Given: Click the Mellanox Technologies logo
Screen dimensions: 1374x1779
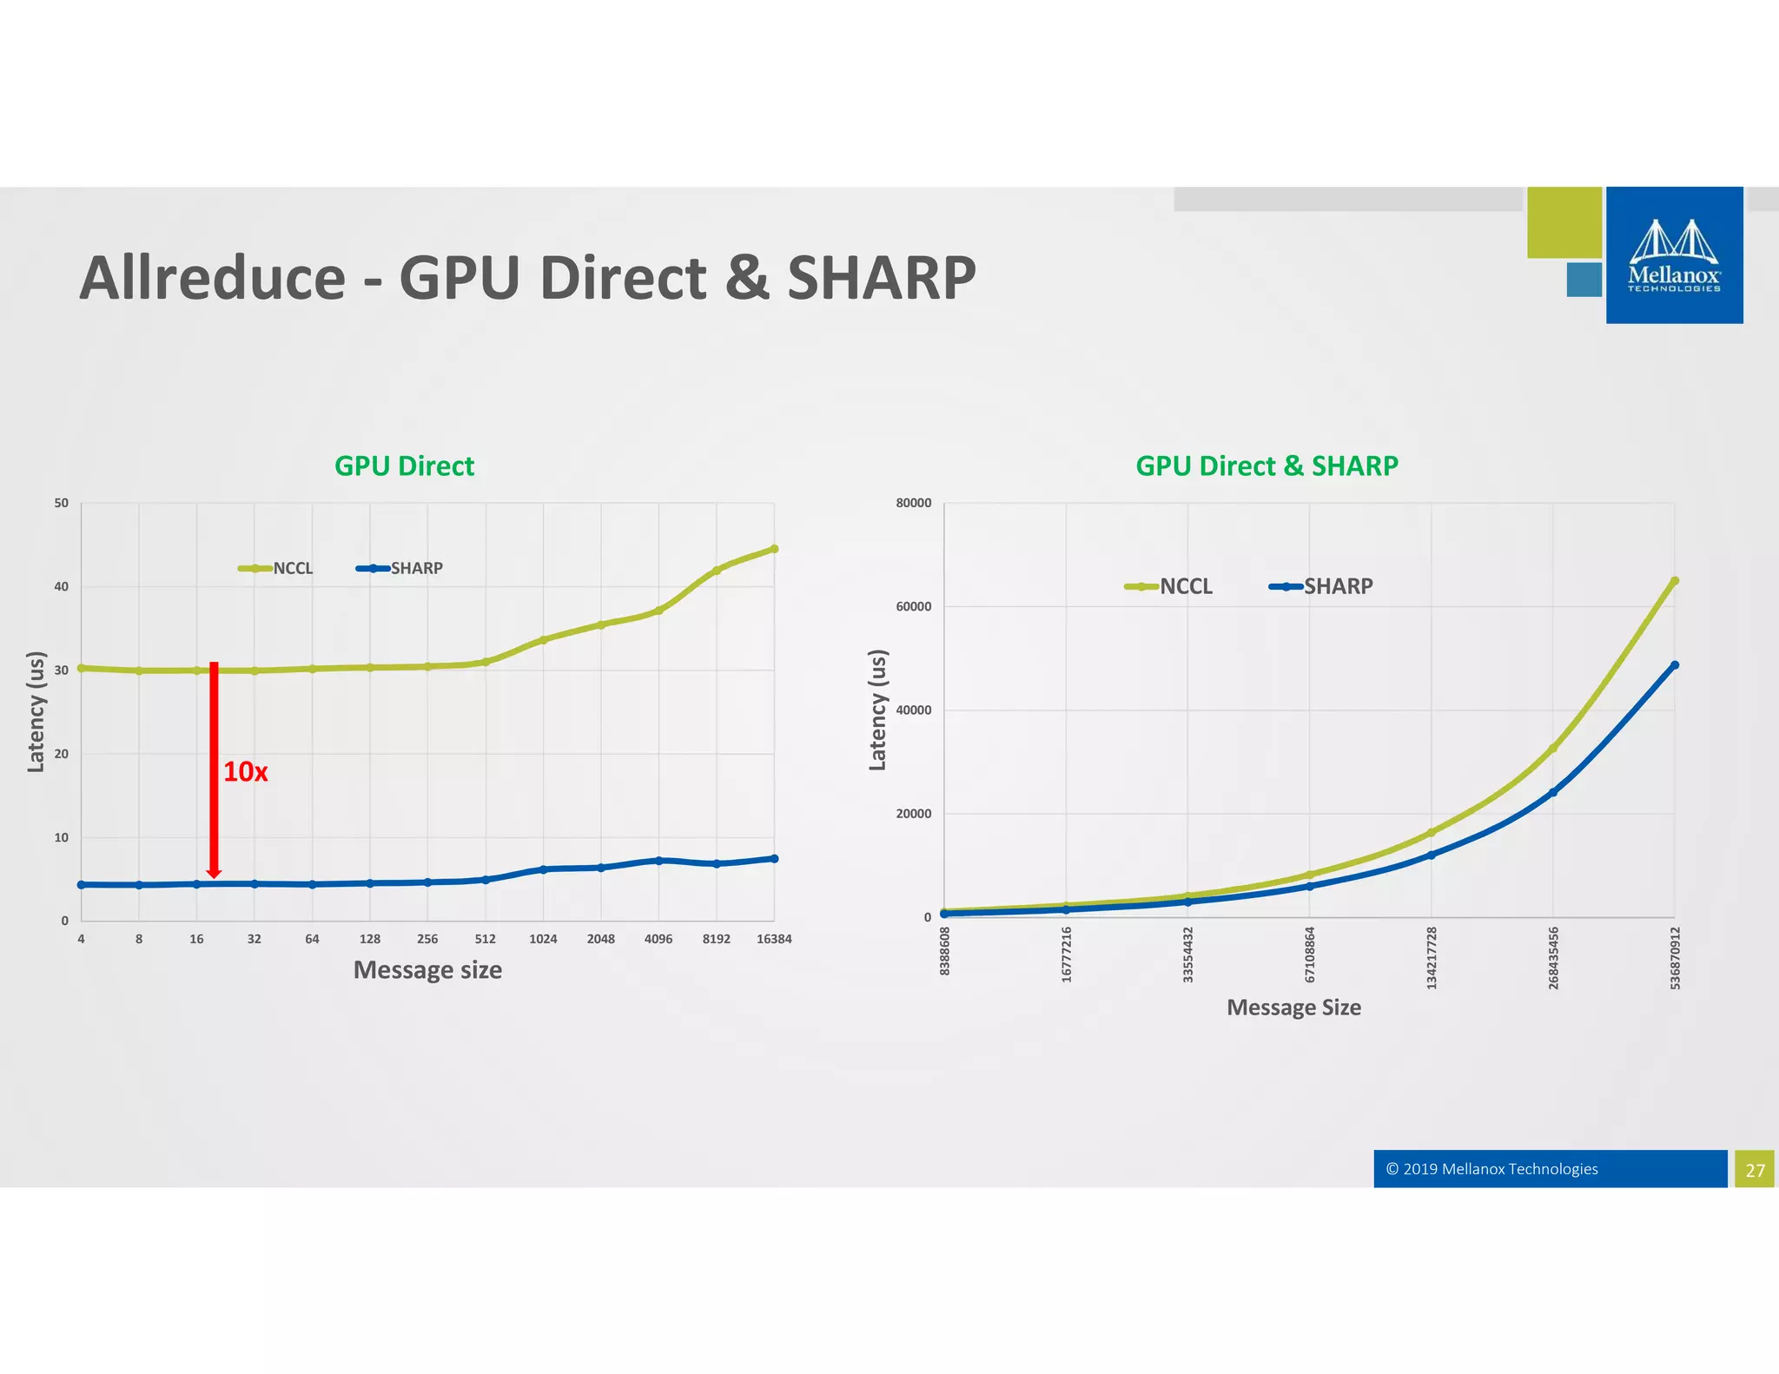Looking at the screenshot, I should pyautogui.click(x=1674, y=255).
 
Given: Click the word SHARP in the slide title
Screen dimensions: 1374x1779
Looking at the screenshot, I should pyautogui.click(x=881, y=278).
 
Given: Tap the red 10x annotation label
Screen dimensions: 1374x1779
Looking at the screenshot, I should pyautogui.click(x=246, y=771).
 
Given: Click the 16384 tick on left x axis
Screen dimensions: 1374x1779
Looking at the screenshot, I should pyautogui.click(x=773, y=939).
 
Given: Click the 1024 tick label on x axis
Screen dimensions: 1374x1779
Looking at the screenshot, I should pyautogui.click(x=543, y=939).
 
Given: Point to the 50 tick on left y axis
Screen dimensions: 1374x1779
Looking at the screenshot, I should pyautogui.click(x=61, y=503).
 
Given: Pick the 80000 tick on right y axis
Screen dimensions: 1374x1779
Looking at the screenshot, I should pyautogui.click(x=913, y=503).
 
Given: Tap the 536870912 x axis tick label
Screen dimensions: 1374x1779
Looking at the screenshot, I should pyautogui.click(x=1675, y=958).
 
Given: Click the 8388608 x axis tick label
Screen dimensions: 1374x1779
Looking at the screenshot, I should pyautogui.click(x=945, y=951).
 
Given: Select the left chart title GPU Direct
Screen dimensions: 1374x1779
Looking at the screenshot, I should pyautogui.click(x=404, y=466).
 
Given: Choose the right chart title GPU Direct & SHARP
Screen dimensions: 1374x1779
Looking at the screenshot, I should pyautogui.click(x=1266, y=466).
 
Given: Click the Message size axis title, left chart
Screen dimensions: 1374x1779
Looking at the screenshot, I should pyautogui.click(x=427, y=970).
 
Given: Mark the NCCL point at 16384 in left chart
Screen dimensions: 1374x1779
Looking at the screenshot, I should pyautogui.click(x=774, y=549).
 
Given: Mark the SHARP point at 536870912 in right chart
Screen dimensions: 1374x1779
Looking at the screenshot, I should pyautogui.click(x=1675, y=665).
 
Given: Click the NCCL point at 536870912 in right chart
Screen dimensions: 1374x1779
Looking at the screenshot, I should pyautogui.click(x=1675, y=581).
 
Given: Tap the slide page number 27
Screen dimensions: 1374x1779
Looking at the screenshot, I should pyautogui.click(x=1755, y=1170).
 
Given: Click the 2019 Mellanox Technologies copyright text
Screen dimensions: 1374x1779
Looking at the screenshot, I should pyautogui.click(x=1491, y=1169).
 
